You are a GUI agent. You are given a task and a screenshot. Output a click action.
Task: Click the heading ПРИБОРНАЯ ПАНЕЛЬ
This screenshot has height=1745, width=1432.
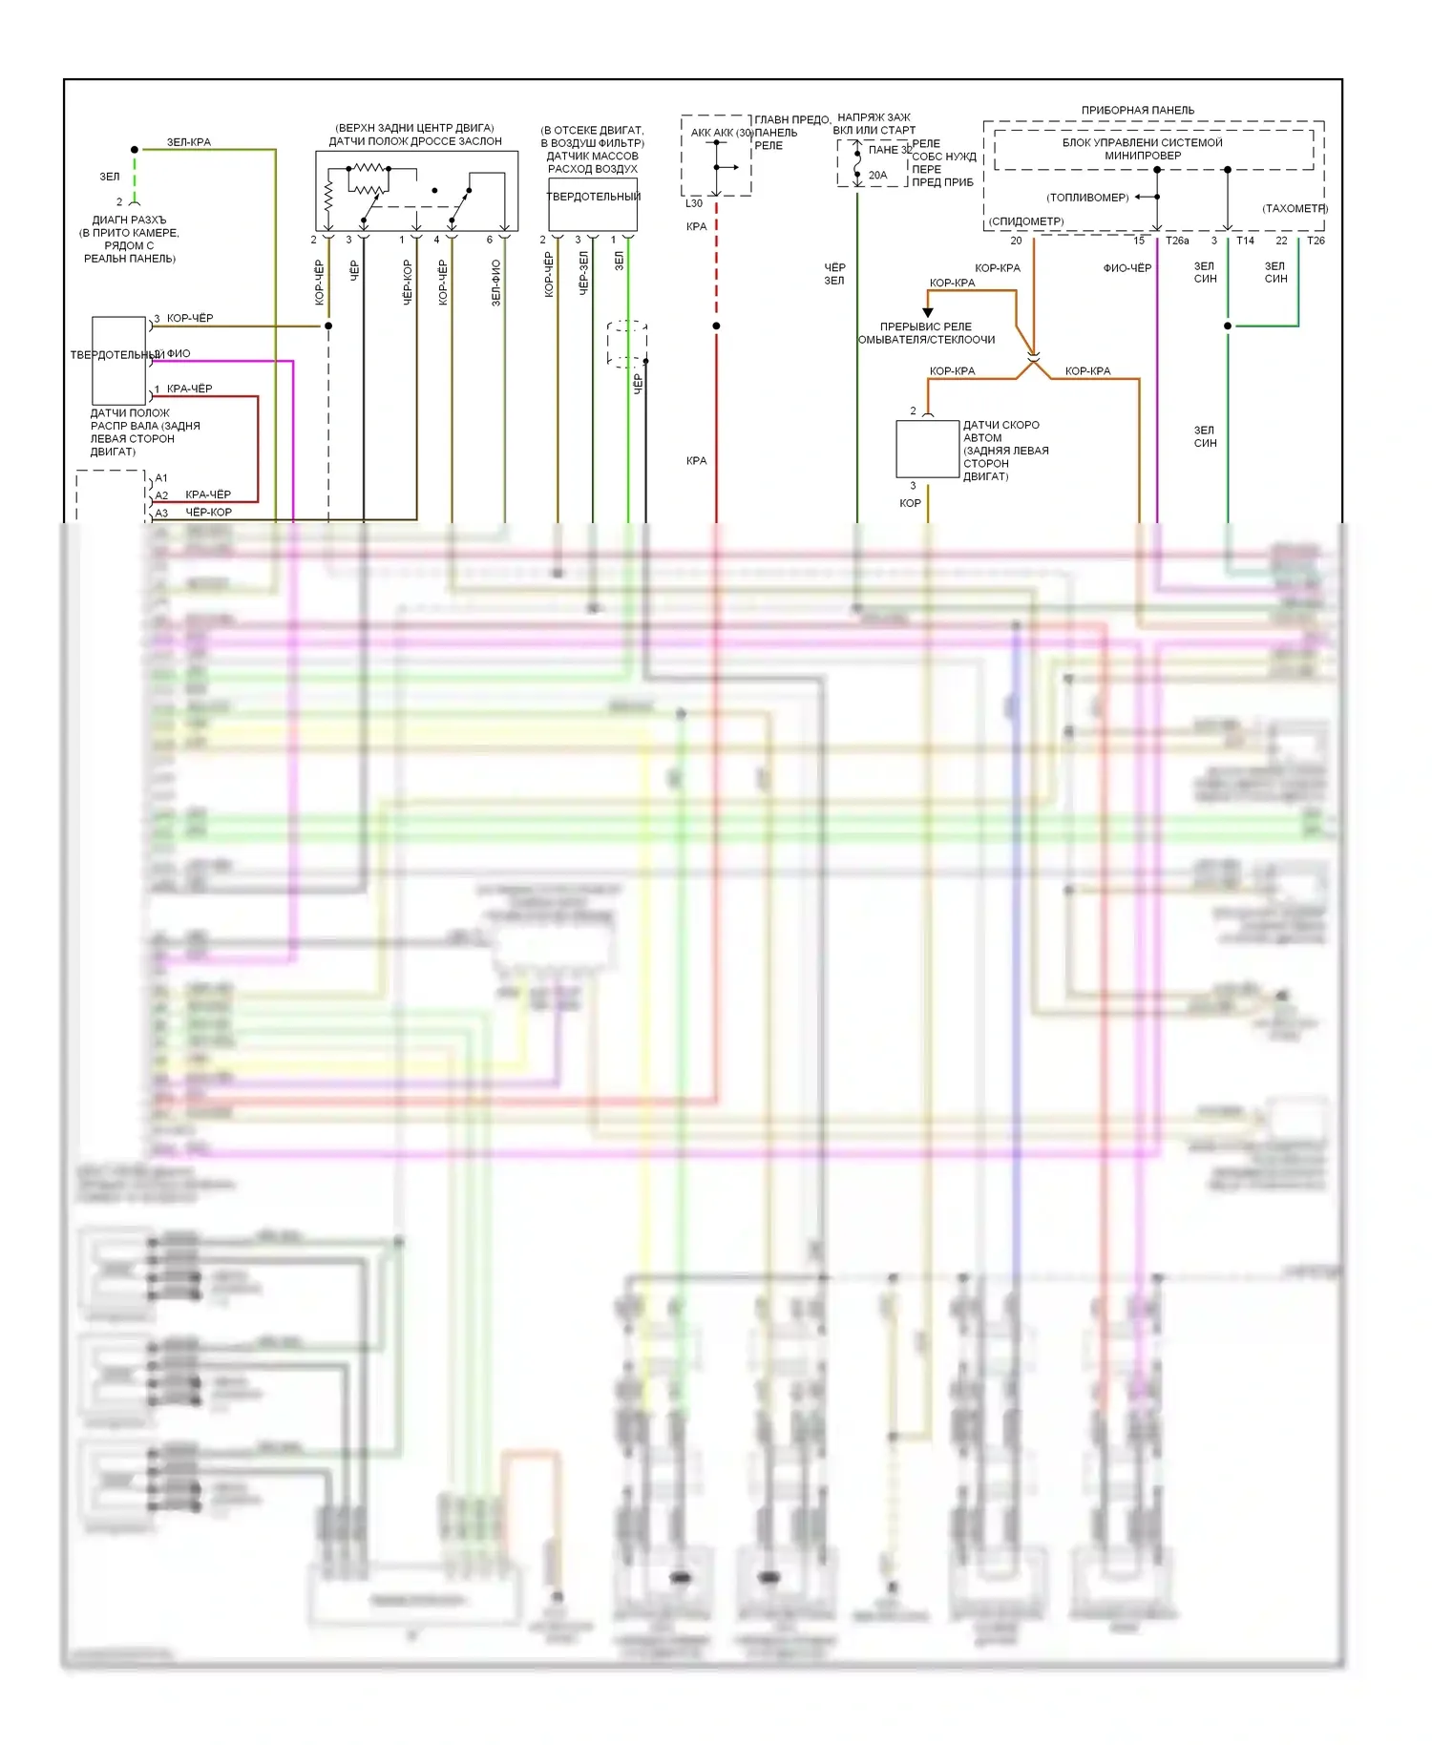click(1137, 110)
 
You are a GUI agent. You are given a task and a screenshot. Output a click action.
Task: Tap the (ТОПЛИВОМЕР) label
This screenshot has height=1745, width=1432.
click(1087, 198)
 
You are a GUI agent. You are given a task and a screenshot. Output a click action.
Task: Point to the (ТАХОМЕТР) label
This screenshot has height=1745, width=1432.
click(1295, 208)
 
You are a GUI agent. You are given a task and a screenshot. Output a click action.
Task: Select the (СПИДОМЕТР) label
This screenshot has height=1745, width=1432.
click(1026, 221)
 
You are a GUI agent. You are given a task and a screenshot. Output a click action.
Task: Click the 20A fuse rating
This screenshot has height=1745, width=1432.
click(877, 176)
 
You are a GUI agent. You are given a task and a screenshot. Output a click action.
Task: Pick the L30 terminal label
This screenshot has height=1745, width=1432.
click(694, 203)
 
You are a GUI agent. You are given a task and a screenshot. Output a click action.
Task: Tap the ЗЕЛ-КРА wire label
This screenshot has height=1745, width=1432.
click(189, 142)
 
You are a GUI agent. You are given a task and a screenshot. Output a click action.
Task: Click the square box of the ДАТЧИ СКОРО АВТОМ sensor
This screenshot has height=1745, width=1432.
click(927, 449)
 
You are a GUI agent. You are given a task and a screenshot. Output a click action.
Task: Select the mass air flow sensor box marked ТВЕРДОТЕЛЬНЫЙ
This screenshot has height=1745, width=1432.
click(593, 204)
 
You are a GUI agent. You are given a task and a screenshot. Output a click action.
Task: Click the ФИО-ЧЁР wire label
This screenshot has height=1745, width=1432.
click(1127, 268)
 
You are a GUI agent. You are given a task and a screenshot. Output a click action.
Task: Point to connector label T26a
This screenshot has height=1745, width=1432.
click(1177, 242)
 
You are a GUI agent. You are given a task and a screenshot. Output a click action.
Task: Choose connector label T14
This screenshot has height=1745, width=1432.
click(1245, 242)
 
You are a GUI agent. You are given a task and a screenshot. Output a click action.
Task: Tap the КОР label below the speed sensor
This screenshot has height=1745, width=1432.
click(910, 503)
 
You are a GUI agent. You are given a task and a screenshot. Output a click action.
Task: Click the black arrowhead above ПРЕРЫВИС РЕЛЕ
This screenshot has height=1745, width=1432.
click(927, 312)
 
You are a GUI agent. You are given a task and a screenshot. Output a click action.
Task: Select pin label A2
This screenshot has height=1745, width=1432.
click(161, 495)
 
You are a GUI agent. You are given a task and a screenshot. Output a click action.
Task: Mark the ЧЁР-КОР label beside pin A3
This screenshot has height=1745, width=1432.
click(208, 513)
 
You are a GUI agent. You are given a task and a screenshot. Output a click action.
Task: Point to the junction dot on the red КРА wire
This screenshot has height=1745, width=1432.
click(716, 326)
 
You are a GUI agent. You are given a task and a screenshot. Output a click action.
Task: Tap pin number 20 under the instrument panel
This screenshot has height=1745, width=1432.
click(1016, 242)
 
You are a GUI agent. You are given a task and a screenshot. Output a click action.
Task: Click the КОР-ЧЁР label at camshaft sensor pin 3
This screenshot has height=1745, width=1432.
click(190, 318)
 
